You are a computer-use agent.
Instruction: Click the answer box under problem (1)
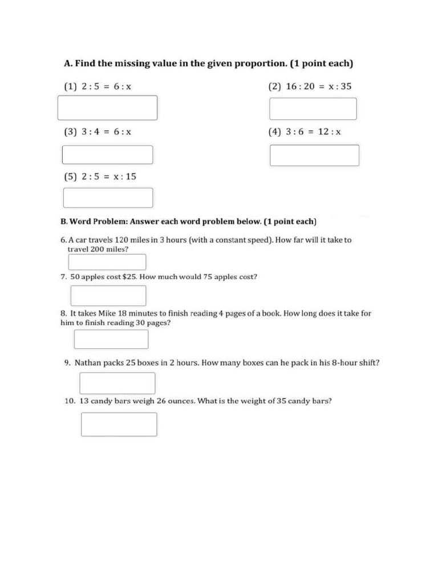[x=107, y=108]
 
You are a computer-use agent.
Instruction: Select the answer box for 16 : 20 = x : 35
[x=313, y=108]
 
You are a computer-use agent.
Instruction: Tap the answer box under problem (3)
[x=107, y=155]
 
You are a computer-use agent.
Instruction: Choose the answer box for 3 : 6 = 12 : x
[x=314, y=155]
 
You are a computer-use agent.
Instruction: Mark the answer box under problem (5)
[x=108, y=197]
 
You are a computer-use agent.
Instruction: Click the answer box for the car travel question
[x=107, y=262]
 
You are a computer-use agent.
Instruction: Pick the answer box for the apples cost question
[x=108, y=295]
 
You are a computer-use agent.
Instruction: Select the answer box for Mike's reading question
[x=111, y=339]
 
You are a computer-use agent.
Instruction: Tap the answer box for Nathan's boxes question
[x=117, y=383]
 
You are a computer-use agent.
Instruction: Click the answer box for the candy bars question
[x=119, y=424]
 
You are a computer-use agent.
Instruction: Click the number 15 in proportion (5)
[x=131, y=176]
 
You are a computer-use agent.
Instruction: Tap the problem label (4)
[x=275, y=132]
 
